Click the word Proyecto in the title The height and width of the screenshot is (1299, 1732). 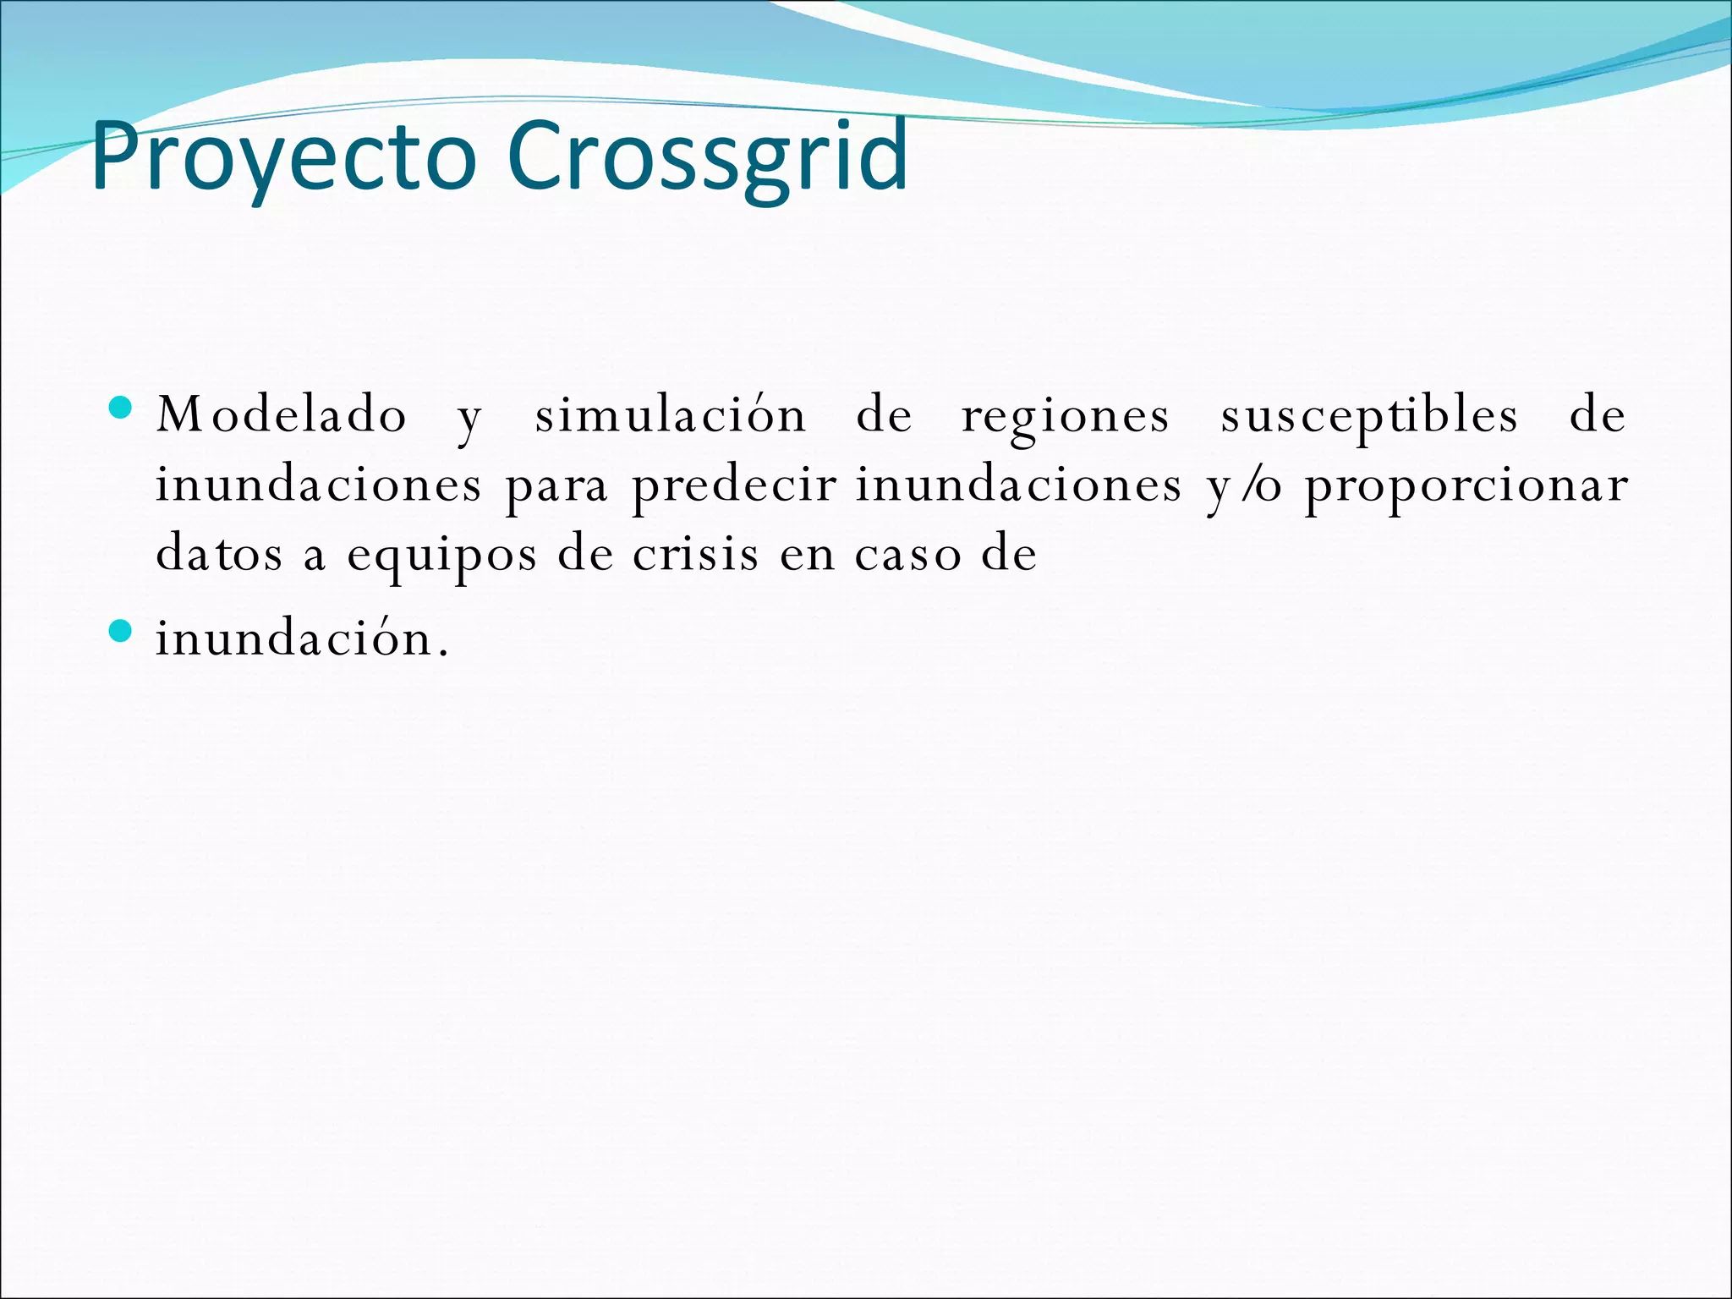[x=284, y=157]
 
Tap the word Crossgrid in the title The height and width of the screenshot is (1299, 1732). [x=707, y=157]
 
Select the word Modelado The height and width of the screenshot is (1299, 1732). [x=282, y=415]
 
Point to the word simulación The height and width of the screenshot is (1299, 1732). [x=671, y=415]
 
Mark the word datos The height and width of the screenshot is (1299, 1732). [x=219, y=555]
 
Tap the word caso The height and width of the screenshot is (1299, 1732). [x=907, y=556]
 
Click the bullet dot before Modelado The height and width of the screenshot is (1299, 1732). [x=122, y=408]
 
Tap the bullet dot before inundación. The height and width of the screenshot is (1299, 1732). [x=122, y=631]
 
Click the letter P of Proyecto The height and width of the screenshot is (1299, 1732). [x=114, y=156]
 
